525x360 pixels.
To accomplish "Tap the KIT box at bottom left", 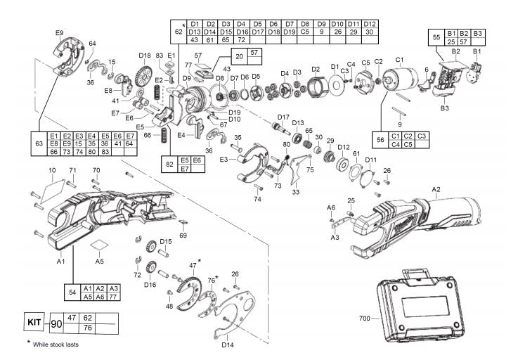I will (x=33, y=323).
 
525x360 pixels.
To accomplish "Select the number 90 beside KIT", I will (x=56, y=324).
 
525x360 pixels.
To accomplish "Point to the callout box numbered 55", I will (x=436, y=38).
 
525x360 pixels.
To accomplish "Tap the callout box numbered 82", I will (x=169, y=164).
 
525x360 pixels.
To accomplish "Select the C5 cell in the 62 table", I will (x=305, y=32).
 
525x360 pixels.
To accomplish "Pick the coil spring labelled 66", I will (x=164, y=134).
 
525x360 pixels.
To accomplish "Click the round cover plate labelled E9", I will (x=67, y=54).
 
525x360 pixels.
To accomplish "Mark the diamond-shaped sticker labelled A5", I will (x=101, y=246).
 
